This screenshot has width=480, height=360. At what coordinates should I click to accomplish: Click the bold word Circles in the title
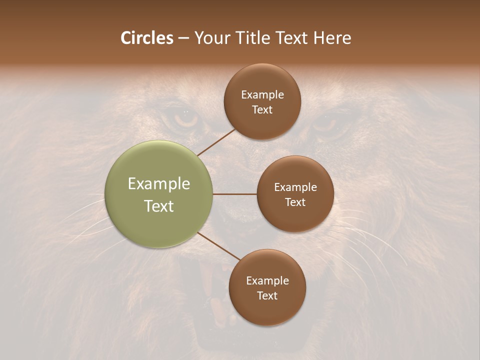click(147, 38)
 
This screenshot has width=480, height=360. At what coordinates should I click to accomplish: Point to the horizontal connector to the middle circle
click(235, 194)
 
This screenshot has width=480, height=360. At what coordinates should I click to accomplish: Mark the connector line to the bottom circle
click(219, 246)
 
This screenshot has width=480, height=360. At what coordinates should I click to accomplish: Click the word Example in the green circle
click(159, 184)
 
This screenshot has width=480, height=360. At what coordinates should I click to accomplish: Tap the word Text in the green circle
click(159, 206)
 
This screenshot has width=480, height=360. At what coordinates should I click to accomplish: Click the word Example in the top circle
click(262, 95)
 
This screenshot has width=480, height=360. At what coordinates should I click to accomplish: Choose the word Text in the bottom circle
click(267, 296)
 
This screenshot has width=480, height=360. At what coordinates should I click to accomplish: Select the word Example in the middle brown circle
click(295, 187)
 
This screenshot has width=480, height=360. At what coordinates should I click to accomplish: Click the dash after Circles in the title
click(183, 38)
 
